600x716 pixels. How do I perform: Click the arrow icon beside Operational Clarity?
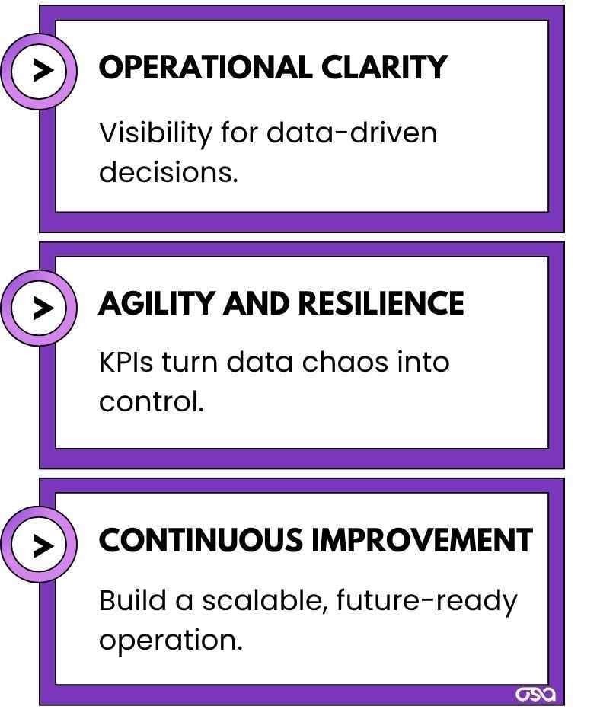click(39, 70)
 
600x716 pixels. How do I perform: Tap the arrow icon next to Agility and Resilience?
click(39, 308)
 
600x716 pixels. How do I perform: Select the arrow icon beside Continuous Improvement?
click(39, 545)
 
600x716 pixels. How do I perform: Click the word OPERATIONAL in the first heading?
click(205, 68)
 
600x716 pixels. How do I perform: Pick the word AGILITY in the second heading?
click(157, 304)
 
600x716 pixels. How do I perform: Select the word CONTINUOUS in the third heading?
click(201, 541)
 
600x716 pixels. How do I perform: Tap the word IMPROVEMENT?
click(422, 541)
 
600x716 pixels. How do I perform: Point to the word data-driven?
click(352, 133)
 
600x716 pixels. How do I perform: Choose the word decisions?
click(168, 172)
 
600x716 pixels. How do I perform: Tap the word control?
click(152, 401)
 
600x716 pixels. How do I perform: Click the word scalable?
click(265, 601)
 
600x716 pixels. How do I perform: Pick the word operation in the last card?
click(171, 641)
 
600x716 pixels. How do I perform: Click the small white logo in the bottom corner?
click(536, 694)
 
